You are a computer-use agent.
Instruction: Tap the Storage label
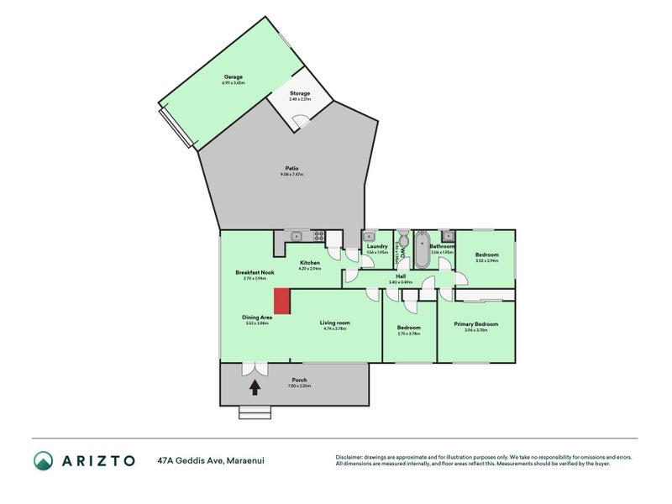point(300,93)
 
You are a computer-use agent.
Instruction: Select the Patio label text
point(291,168)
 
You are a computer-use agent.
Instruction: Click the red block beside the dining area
point(282,302)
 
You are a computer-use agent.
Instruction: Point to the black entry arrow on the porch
point(255,387)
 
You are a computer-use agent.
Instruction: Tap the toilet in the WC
point(403,236)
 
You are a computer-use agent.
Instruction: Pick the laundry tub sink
point(370,236)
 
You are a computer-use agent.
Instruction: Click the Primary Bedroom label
point(475,324)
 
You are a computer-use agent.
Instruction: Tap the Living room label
point(334,323)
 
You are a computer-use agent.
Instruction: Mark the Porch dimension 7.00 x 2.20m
point(299,386)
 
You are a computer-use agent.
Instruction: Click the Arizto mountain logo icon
point(44,459)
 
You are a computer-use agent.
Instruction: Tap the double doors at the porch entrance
point(255,369)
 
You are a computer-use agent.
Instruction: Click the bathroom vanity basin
point(448,235)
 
